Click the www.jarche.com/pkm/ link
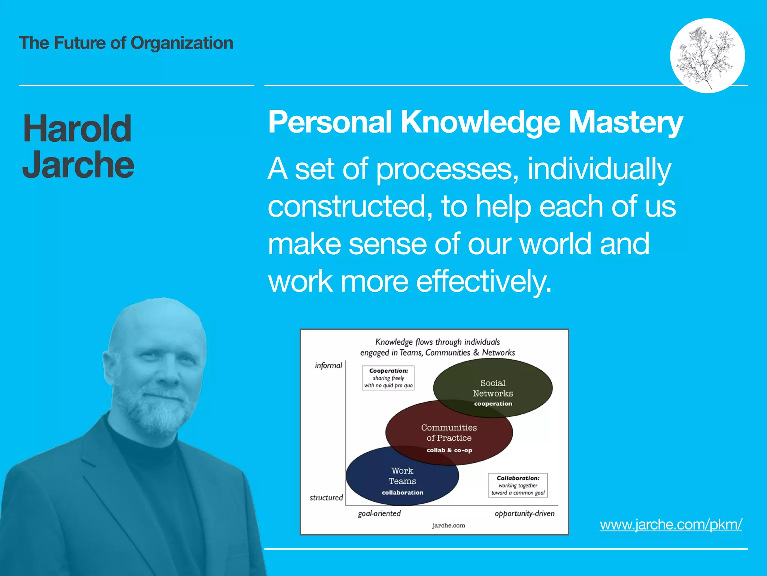670,524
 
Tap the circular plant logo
707,55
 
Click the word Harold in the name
77,129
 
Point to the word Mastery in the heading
626,122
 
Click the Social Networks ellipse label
492,388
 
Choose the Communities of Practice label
449,433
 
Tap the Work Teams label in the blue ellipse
402,476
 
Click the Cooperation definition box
388,378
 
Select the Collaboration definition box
518,485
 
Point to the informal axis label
328,366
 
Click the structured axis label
326,498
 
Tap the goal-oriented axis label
379,513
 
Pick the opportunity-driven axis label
524,513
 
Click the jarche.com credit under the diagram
448,525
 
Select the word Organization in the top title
182,43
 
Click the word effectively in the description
484,281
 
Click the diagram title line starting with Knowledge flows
437,342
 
